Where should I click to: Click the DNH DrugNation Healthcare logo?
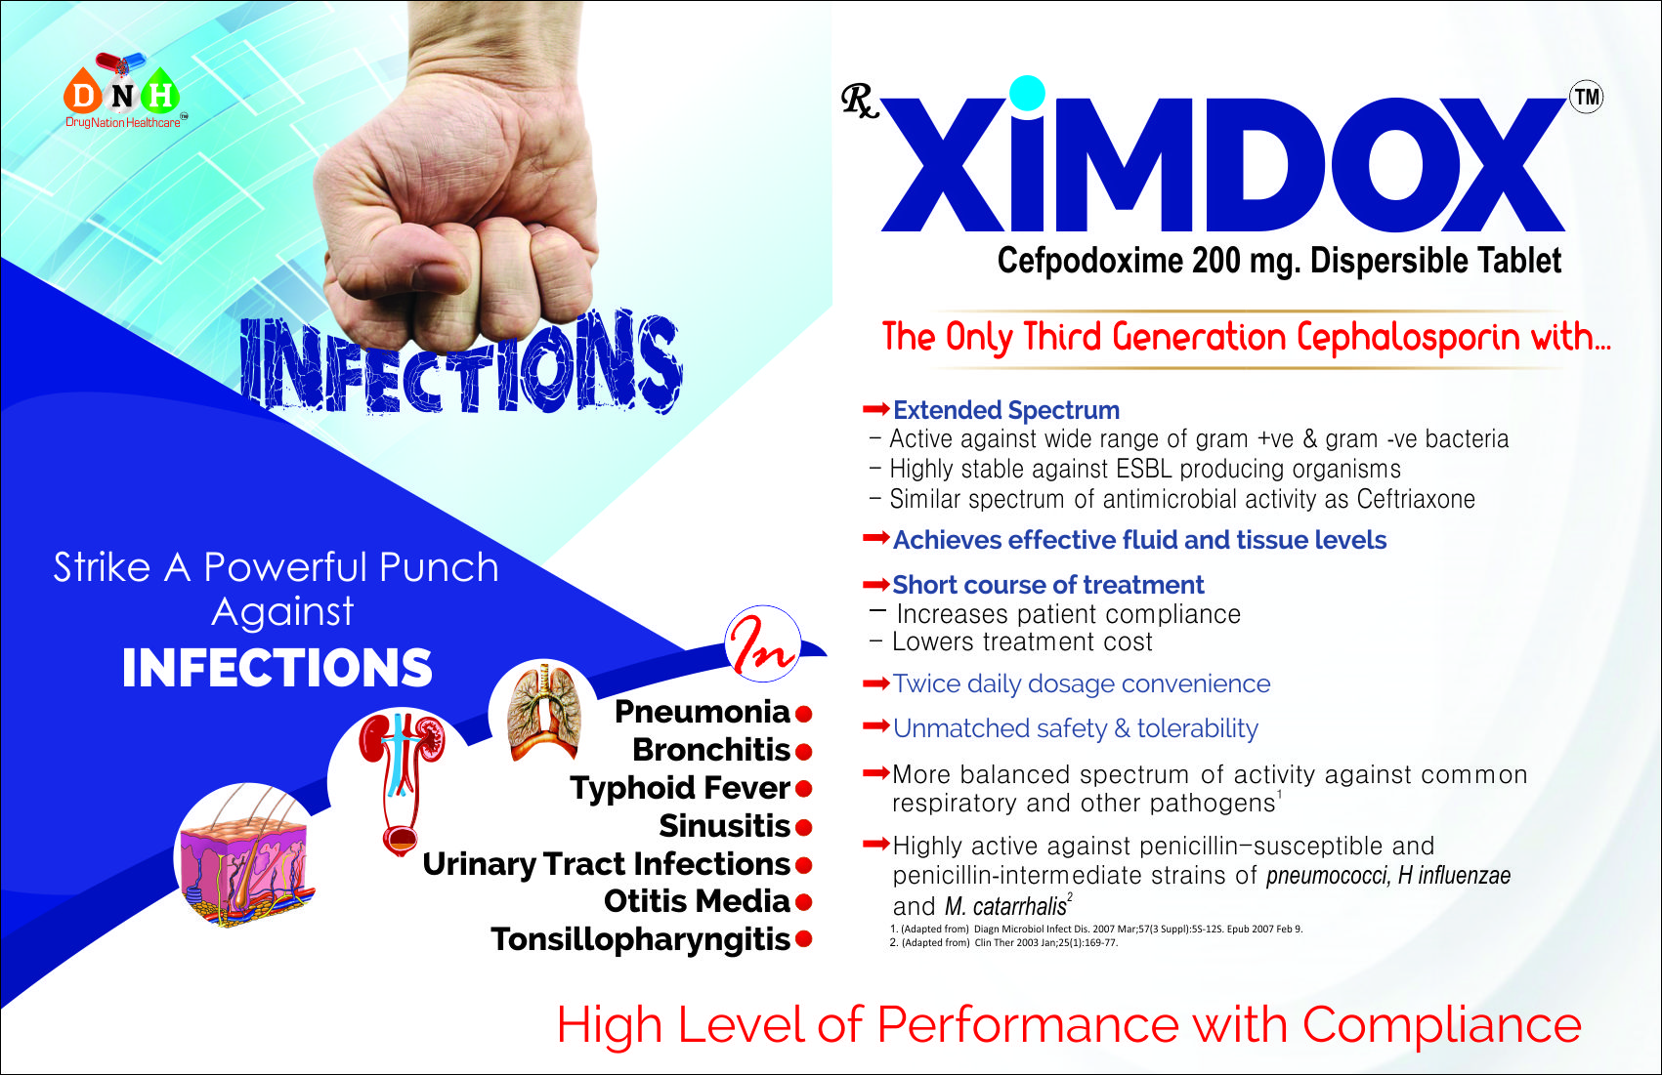pos(123,91)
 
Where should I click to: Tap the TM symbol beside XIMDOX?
pos(1586,97)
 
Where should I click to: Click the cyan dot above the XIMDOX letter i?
pos(1027,94)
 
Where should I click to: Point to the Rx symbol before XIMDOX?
pos(860,101)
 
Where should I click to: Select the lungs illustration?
pos(544,712)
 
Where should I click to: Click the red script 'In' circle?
pos(762,643)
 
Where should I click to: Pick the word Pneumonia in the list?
pos(702,712)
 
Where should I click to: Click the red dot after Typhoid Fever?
pos(803,789)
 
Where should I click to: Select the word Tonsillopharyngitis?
pos(640,940)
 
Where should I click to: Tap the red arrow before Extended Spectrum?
pos(875,408)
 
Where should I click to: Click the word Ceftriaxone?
pos(1416,499)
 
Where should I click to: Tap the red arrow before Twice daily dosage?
pos(875,682)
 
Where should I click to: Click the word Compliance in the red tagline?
pos(1441,1025)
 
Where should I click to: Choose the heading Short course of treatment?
pos(1047,585)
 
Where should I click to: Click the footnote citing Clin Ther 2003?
pos(1003,943)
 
